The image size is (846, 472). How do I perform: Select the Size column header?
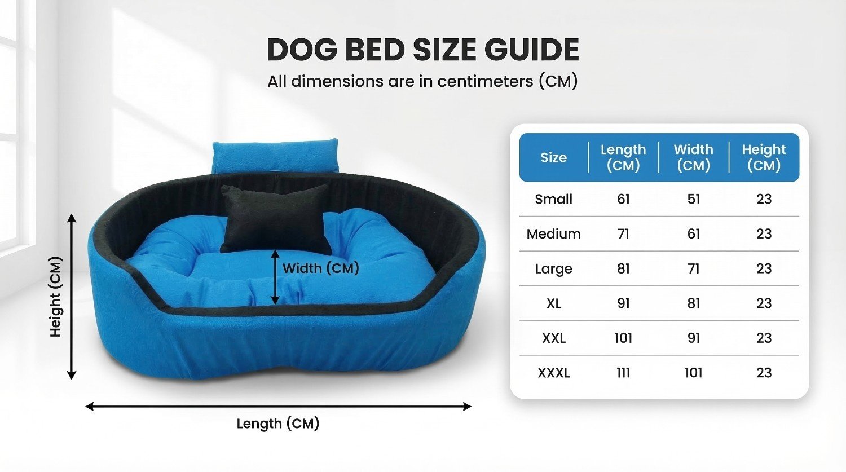coord(553,157)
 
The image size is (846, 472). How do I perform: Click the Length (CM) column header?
coord(623,157)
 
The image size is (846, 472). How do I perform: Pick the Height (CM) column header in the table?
coord(764,157)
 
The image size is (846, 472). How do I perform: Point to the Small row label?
coord(554,199)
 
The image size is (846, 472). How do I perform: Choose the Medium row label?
coord(554,233)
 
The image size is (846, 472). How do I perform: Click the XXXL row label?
coord(554,373)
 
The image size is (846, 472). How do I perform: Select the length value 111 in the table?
coord(623,373)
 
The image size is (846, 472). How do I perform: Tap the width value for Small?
coord(693,199)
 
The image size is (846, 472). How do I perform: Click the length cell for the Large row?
coord(623,268)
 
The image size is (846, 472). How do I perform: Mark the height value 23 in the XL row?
coord(764,303)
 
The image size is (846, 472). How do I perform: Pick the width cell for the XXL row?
coord(693,338)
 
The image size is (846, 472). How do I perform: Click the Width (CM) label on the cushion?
coord(321,268)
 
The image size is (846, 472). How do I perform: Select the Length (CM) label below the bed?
coord(278,424)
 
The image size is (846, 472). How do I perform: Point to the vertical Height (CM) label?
coord(55,297)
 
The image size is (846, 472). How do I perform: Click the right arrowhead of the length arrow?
coord(468,407)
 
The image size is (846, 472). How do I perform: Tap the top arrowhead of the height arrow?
coord(72,218)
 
